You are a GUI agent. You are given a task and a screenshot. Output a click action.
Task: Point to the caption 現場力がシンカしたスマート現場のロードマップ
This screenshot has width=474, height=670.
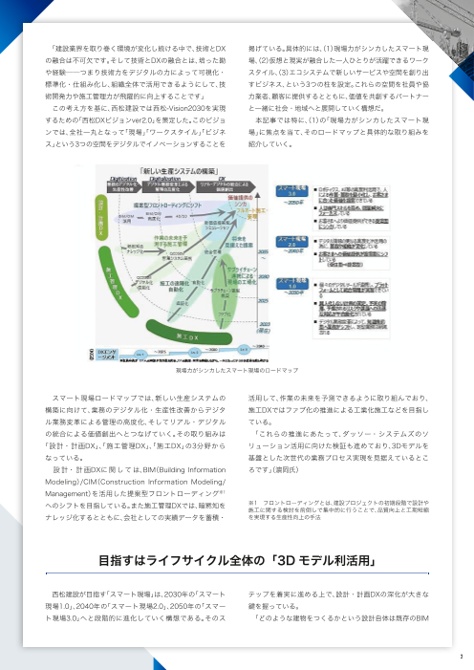236,367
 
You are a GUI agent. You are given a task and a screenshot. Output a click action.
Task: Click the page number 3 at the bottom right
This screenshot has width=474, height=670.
459,656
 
